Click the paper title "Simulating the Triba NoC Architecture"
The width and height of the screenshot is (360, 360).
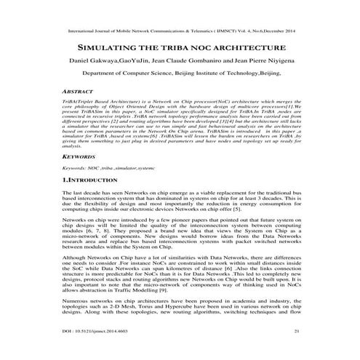pos(179,45)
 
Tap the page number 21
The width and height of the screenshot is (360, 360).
pos(296,352)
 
